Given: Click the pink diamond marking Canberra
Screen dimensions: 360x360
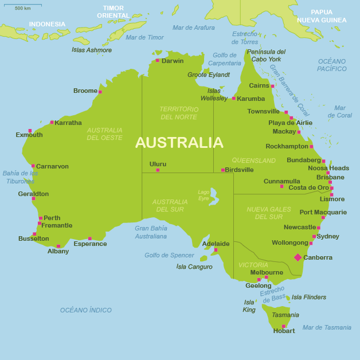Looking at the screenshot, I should click(298, 257).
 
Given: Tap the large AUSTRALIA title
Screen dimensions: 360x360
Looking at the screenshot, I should click(179, 142).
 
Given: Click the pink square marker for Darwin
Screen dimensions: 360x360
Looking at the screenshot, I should click(158, 60).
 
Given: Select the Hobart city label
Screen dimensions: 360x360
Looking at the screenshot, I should click(284, 331).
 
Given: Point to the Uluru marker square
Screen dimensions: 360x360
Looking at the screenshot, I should click(158, 170).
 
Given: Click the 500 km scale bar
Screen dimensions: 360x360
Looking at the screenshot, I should click(24, 5).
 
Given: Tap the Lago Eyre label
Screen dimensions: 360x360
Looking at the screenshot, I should click(204, 195).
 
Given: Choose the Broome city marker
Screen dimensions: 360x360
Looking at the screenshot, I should click(100, 92).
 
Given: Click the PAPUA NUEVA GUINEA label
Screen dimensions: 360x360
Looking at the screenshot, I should click(322, 16).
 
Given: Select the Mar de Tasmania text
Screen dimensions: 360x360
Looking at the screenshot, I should click(327, 327).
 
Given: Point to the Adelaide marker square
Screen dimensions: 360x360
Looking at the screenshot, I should click(216, 250).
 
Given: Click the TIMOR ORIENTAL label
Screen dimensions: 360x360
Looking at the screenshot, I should click(113, 12).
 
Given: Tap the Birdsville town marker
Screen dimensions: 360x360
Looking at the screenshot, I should click(223, 170).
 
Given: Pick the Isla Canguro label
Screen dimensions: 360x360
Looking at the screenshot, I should click(194, 267).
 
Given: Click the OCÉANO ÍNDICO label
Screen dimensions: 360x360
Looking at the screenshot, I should click(86, 310).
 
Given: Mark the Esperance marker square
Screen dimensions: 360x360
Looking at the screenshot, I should click(89, 238).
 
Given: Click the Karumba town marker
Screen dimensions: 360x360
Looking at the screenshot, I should click(234, 99).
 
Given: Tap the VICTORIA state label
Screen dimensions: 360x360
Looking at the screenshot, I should click(253, 265).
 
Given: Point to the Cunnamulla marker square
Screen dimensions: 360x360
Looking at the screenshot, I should click(281, 186).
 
